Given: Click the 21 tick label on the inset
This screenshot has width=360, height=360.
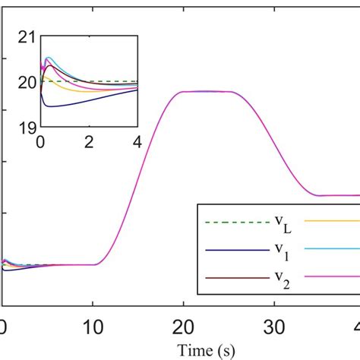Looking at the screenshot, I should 27,36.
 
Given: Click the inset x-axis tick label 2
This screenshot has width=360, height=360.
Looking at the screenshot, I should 90,141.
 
